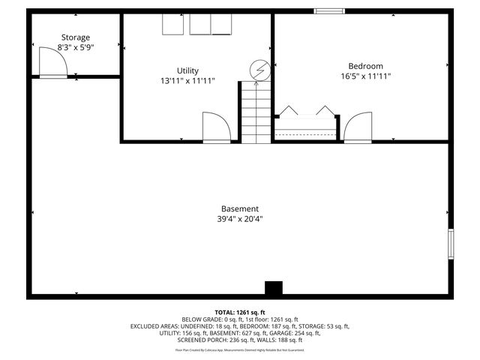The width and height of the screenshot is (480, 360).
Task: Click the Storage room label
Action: [x=75, y=37]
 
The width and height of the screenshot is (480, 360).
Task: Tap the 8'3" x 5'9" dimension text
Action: [x=75, y=47]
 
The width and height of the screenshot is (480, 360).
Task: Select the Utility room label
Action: [x=187, y=70]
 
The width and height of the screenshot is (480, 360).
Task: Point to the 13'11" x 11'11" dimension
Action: [x=187, y=80]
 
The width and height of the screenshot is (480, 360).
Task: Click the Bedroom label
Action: [x=366, y=66]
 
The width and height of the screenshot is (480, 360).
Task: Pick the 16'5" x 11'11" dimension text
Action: [x=366, y=76]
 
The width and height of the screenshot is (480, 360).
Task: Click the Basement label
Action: [x=240, y=208]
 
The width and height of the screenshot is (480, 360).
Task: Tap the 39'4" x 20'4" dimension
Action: [x=240, y=219]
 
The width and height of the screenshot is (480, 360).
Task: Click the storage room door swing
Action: [x=53, y=67]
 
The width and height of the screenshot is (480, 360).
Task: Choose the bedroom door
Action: [x=358, y=127]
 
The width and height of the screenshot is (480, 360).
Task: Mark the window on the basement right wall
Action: [x=451, y=244]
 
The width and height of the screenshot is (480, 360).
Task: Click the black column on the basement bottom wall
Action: [x=274, y=288]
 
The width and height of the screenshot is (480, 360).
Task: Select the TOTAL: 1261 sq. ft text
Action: [x=240, y=312]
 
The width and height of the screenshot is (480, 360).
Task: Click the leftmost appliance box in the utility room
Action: [x=174, y=25]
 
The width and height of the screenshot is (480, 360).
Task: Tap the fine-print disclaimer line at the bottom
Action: [x=240, y=349]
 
